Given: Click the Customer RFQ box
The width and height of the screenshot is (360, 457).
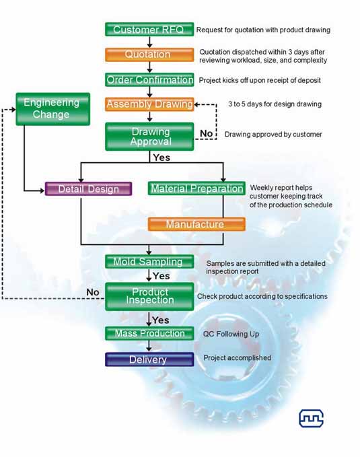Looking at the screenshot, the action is [149, 30].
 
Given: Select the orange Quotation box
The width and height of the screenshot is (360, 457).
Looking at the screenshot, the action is [149, 55].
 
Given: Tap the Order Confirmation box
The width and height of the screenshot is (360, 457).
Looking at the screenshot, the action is [149, 79].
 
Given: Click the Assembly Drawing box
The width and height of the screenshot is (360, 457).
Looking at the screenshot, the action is [149, 104].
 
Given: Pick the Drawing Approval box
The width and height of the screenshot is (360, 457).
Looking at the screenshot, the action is [149, 137].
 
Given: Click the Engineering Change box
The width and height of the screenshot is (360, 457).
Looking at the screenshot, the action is [52, 109].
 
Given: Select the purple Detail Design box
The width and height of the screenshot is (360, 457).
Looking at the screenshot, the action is [88, 189].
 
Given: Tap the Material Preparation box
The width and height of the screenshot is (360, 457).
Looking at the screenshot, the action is [196, 188].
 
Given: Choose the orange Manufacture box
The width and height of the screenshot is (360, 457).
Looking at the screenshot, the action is [196, 224].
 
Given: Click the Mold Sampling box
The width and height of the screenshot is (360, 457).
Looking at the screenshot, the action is [149, 261].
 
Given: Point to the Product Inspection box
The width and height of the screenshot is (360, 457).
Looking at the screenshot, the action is [149, 296].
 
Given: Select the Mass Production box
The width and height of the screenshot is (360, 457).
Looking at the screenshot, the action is [149, 333].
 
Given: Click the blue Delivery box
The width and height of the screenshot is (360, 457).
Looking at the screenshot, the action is [149, 359].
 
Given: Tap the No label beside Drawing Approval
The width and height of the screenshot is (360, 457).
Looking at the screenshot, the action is [206, 133].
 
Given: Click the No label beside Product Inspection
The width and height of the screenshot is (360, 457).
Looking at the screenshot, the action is [93, 292].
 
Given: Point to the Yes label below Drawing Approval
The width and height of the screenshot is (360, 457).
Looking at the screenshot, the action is [161, 157].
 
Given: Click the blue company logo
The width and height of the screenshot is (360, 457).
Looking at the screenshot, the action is [312, 418].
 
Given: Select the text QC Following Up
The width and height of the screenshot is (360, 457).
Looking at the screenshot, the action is [231, 334].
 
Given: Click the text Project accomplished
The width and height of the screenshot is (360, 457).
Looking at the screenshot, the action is [237, 358].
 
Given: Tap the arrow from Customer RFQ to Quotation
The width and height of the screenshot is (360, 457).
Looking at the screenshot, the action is [149, 42].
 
